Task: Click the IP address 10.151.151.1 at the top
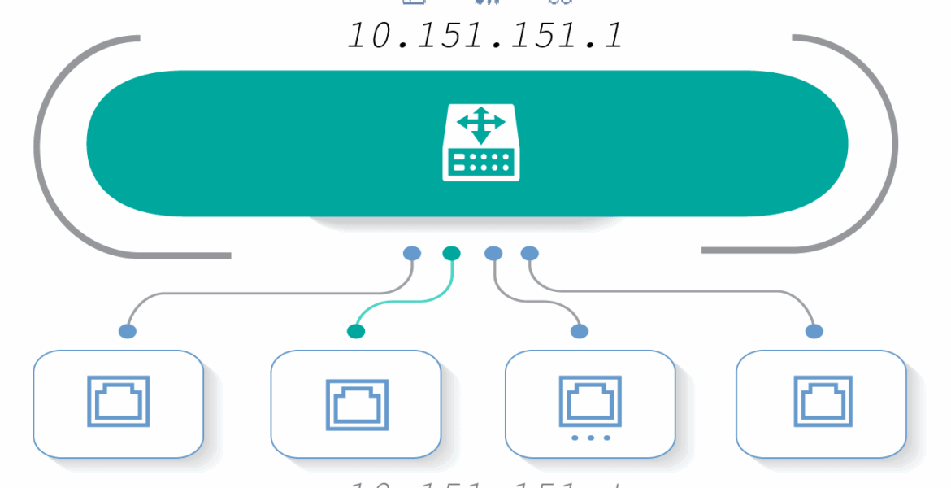click(485, 36)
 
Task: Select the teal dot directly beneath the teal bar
click(452, 254)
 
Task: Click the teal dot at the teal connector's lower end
click(355, 331)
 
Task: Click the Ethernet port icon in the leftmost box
click(119, 401)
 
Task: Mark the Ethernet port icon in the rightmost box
click(823, 401)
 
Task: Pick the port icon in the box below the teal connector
click(356, 403)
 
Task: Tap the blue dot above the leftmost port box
click(128, 331)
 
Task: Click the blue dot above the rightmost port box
click(814, 331)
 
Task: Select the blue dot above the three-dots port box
click(580, 331)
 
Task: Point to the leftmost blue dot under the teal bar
click(412, 254)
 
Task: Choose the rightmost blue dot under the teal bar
click(530, 254)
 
